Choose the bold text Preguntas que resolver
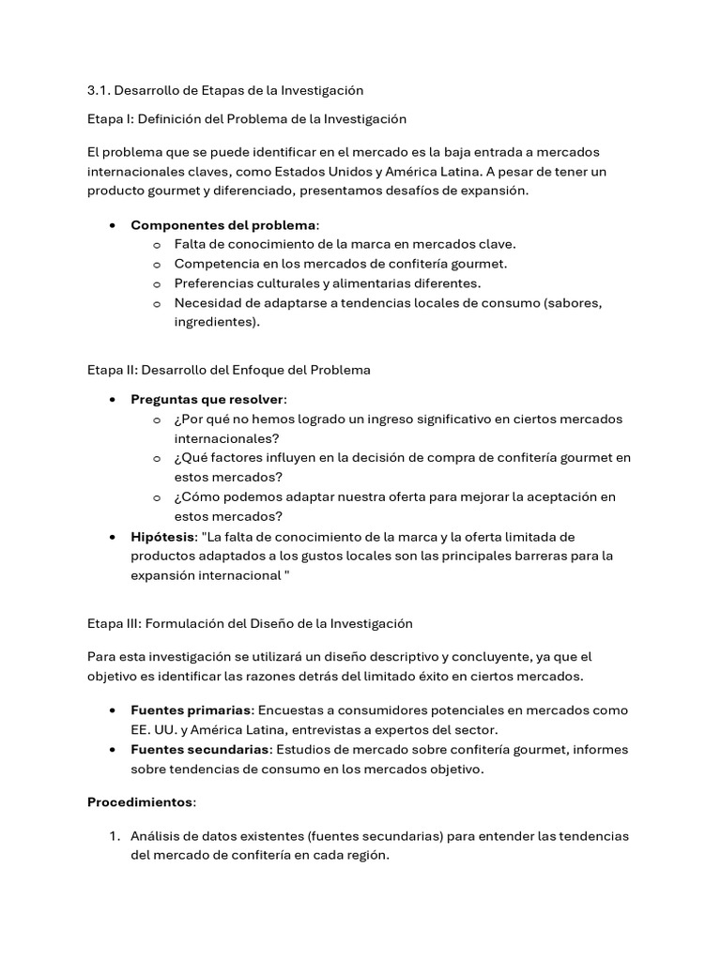pos(208,400)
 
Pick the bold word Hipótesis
pos(161,537)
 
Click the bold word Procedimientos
pos(141,802)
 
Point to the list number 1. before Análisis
pos(113,836)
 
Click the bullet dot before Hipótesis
pos(113,537)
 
